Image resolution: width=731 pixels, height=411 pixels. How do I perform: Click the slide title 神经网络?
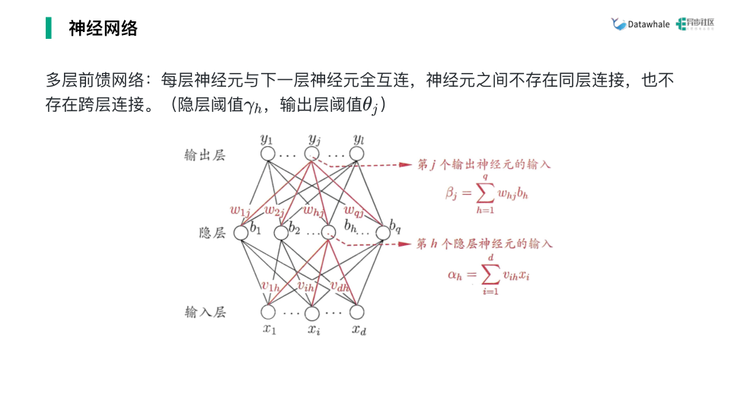click(x=103, y=29)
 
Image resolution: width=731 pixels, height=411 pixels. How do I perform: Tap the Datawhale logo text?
click(x=648, y=24)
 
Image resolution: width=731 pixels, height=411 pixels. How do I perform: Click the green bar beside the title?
click(x=49, y=29)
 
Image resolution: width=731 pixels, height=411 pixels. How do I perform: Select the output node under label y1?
click(x=267, y=155)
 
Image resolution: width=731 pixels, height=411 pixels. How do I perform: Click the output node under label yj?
click(x=311, y=155)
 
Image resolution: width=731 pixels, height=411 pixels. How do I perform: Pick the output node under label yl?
click(x=357, y=155)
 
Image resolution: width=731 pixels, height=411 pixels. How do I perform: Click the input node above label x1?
click(x=267, y=312)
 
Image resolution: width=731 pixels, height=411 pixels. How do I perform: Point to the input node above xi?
click(x=311, y=312)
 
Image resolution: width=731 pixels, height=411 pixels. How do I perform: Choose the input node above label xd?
click(x=357, y=312)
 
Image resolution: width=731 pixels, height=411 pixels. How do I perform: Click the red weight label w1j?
click(x=240, y=210)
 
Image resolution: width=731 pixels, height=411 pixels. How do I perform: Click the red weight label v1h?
click(x=270, y=286)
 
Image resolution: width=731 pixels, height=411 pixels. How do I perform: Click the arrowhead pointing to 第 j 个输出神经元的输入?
click(x=409, y=164)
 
